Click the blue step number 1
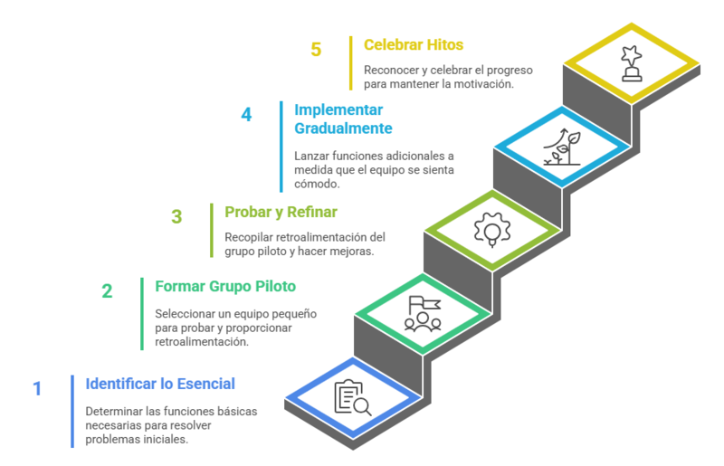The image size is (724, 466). pyautogui.click(x=37, y=389)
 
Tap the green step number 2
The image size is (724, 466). pyautogui.click(x=107, y=291)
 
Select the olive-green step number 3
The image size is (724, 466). pyautogui.click(x=176, y=216)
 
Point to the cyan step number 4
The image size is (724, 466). pyautogui.click(x=246, y=115)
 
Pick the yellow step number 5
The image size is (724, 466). pyautogui.click(x=316, y=50)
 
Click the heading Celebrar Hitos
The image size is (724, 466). pyautogui.click(x=414, y=45)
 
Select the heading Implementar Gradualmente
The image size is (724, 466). pyautogui.click(x=343, y=119)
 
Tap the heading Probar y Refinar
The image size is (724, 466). pyautogui.click(x=281, y=212)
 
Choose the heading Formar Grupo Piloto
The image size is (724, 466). pyautogui.click(x=225, y=286)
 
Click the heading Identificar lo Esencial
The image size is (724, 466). pyautogui.click(x=160, y=384)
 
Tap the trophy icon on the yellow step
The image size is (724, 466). pyautogui.click(x=632, y=63)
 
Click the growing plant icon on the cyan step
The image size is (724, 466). pyautogui.click(x=562, y=147)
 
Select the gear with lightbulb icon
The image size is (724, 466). pyautogui.click(x=492, y=230)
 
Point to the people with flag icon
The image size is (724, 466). pyautogui.click(x=423, y=314)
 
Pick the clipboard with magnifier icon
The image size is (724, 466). pyautogui.click(x=353, y=397)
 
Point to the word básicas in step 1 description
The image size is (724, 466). pyautogui.click(x=237, y=412)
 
